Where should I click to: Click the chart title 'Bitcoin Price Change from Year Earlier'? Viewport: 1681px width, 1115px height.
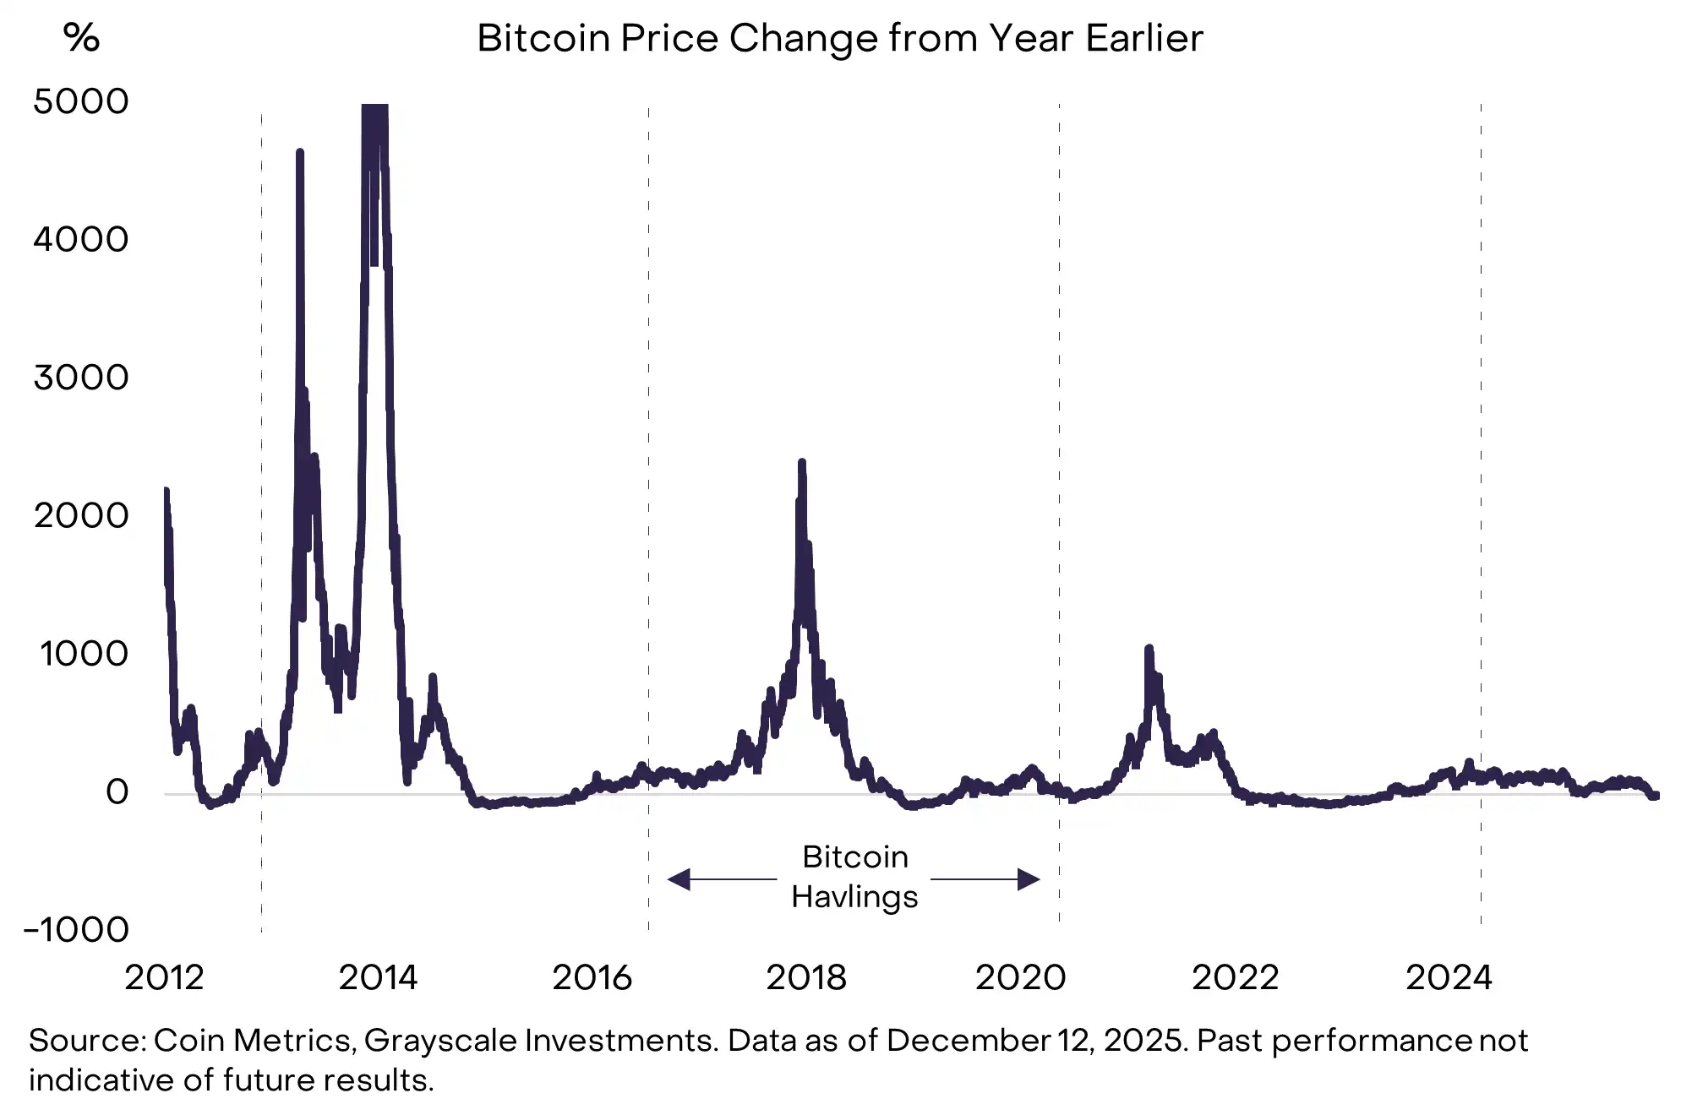839,39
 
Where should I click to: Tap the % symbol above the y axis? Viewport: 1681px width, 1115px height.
81,38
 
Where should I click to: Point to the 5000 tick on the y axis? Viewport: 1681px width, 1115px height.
81,101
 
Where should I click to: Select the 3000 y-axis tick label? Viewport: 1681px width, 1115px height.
81,378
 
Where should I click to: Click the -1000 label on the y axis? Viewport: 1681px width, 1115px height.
76,930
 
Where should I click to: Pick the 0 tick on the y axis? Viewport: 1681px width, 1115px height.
117,792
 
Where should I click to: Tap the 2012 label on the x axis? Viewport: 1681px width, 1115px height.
164,978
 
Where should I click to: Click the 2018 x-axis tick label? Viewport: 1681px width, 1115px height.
805,978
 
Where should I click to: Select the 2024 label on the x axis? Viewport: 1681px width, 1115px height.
1449,978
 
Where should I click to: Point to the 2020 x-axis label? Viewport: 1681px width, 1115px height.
1020,978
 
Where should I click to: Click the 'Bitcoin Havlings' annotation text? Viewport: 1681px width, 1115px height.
854,877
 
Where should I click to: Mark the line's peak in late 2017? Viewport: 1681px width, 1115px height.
801,463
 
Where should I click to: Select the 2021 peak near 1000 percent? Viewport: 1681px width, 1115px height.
1149,649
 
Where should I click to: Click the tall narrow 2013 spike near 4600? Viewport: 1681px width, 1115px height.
300,153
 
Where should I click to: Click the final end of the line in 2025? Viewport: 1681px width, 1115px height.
1656,795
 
